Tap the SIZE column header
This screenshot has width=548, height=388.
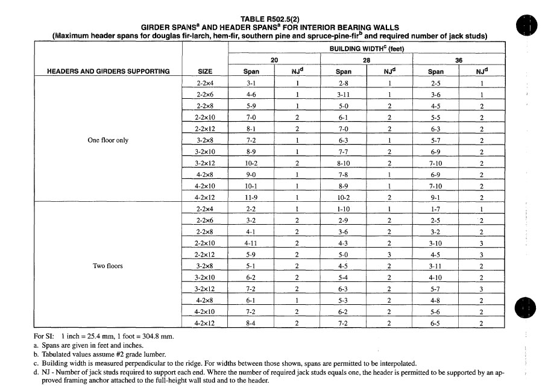pos(204,71)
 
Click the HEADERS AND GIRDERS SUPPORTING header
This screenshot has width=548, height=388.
pos(108,71)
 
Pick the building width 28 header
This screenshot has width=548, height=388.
pos(366,60)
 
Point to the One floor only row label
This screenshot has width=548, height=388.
pos(108,140)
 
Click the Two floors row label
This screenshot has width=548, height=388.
pos(108,266)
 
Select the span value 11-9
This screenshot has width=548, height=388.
pos(251,197)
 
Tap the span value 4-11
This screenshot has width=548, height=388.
pos(251,243)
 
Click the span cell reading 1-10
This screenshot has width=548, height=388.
pos(344,208)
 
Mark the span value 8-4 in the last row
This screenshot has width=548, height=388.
pos(251,323)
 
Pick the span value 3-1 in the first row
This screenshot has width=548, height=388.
pos(251,83)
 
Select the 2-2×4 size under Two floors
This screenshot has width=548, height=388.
pos(204,208)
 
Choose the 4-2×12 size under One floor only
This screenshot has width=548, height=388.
pos(204,197)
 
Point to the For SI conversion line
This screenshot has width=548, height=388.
pos(103,336)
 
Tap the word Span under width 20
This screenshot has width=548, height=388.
pos(251,72)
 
